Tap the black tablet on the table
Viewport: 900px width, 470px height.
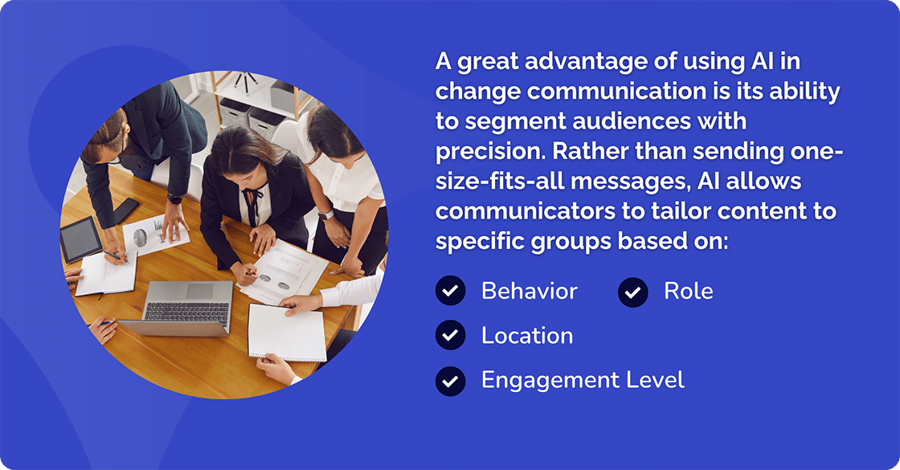(x=81, y=239)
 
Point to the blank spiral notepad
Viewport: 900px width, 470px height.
(x=286, y=332)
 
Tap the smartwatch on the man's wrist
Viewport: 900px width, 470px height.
(x=174, y=198)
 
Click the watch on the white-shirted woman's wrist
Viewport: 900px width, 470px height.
(x=325, y=215)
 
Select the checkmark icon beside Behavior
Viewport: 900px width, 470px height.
(x=451, y=292)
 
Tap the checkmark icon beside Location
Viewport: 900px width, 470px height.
(x=451, y=336)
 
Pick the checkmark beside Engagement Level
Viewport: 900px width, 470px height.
(x=451, y=381)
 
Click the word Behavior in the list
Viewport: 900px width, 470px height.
(x=529, y=291)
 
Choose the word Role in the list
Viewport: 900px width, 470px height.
(x=688, y=291)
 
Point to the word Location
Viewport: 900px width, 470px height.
(x=527, y=336)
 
